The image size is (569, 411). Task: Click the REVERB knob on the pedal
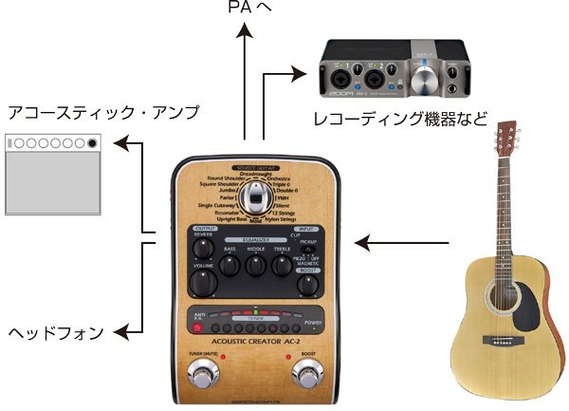click(x=201, y=249)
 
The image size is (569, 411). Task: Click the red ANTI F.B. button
click(x=197, y=328)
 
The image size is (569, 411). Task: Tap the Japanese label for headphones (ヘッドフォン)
click(x=55, y=332)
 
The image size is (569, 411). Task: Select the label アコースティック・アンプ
click(x=102, y=113)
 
